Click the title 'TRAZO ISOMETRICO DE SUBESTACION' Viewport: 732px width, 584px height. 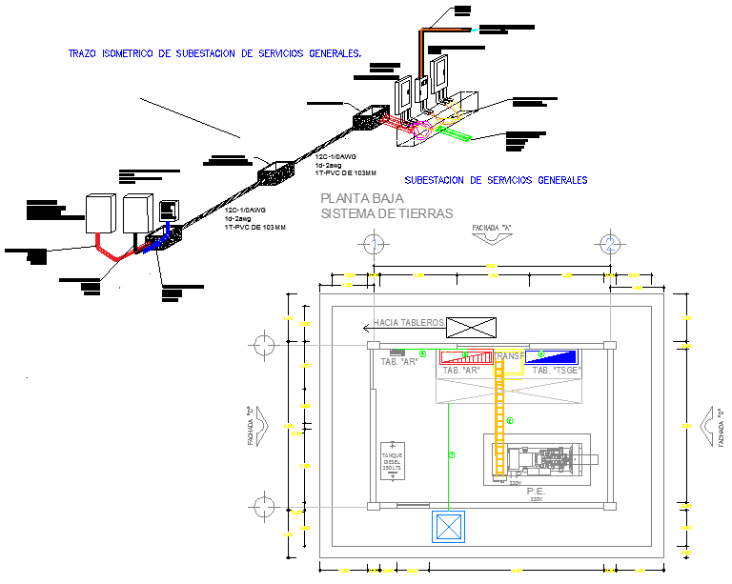click(x=215, y=54)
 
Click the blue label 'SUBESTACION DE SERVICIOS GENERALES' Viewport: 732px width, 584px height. click(x=496, y=180)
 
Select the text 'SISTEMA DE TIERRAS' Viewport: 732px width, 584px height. click(x=387, y=214)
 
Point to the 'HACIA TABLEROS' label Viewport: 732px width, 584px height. click(x=410, y=323)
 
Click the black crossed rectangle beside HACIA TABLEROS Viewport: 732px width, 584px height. click(x=472, y=327)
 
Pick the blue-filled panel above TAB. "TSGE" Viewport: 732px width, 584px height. click(x=552, y=357)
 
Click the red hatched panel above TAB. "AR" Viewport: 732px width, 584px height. click(x=465, y=357)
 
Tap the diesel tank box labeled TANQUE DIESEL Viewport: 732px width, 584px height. click(x=393, y=462)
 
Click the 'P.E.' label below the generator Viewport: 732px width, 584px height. click(x=535, y=492)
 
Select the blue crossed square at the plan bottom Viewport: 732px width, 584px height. click(x=447, y=527)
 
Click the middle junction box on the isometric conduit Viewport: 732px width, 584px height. click(x=274, y=172)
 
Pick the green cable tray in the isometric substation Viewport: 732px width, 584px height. click(x=452, y=134)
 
